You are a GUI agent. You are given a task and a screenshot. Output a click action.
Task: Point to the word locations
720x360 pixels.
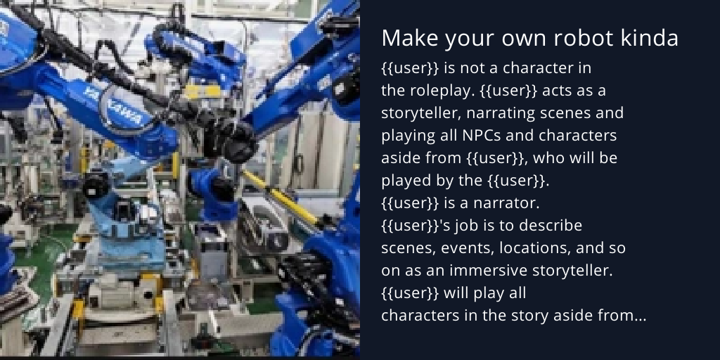tap(522, 248)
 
